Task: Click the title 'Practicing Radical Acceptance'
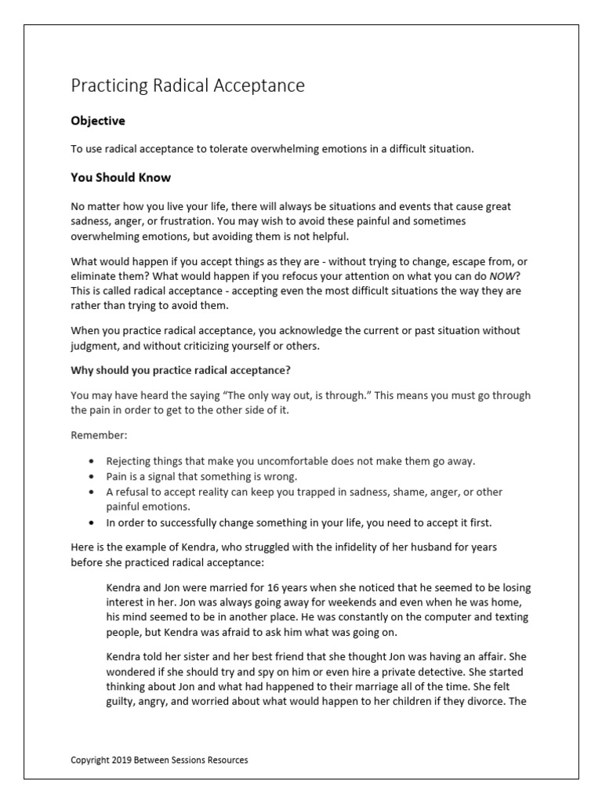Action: tap(187, 85)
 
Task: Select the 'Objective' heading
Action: tap(97, 122)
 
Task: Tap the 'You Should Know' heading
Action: tap(121, 178)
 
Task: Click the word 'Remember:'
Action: tap(98, 434)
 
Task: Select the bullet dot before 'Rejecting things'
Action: tap(93, 461)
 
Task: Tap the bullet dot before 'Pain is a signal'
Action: tap(93, 477)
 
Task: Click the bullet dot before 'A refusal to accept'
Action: tap(93, 492)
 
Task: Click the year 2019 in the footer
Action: tap(121, 760)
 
